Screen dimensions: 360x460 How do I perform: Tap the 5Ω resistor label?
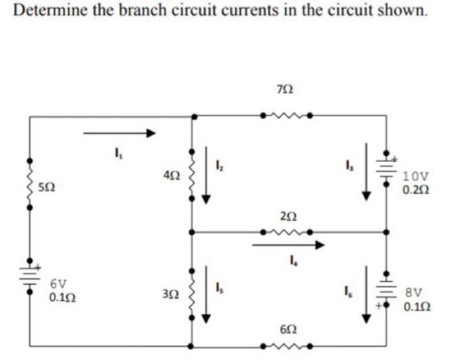[x=48, y=188]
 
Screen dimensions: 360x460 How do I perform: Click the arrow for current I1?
[x=119, y=133]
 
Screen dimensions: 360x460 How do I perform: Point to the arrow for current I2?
[x=206, y=175]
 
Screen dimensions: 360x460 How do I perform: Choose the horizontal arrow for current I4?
[x=288, y=244]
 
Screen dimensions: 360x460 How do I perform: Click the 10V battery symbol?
[x=387, y=169]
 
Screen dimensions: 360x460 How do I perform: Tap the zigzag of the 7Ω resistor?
[x=285, y=116]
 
